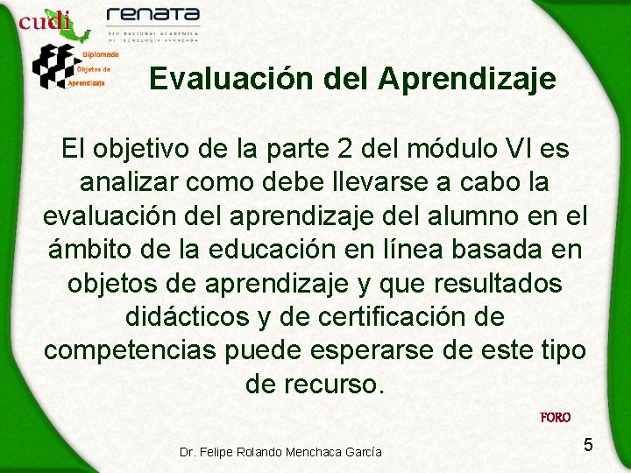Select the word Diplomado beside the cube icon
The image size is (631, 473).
pyautogui.click(x=102, y=55)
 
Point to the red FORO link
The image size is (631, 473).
pyautogui.click(x=556, y=418)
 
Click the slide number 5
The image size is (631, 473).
pyautogui.click(x=588, y=445)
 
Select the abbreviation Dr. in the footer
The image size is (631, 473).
pyautogui.click(x=188, y=452)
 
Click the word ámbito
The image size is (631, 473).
pyautogui.click(x=95, y=250)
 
